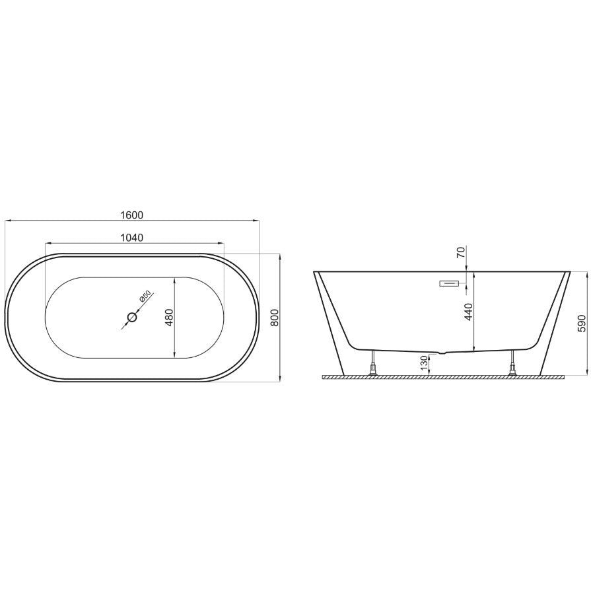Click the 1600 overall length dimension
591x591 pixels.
pos(132,215)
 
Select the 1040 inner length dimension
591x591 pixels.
pos(132,238)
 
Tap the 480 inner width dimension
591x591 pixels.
pos(169,318)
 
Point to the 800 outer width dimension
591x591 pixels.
pos(275,318)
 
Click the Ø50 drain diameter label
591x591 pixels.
pos(145,296)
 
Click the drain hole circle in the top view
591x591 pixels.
pos(132,318)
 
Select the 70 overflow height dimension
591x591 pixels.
pos(461,252)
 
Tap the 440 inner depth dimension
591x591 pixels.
pos(468,311)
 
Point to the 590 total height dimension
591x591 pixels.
pos(582,323)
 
